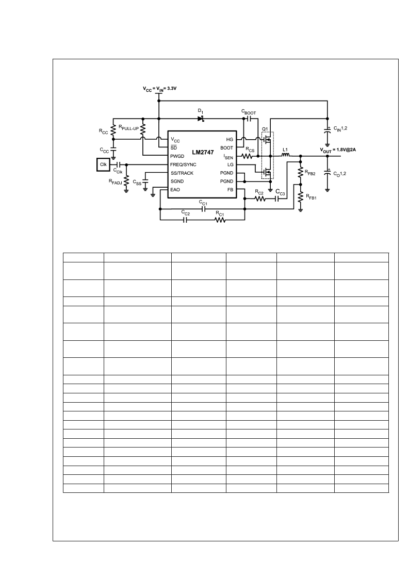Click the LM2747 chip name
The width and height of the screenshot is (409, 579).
coord(203,152)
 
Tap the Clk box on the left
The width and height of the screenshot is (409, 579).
coord(104,164)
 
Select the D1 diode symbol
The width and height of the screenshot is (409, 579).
coord(201,119)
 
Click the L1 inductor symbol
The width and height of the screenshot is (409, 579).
coord(286,156)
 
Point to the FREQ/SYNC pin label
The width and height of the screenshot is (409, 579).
coord(183,164)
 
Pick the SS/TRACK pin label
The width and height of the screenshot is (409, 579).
coord(182,173)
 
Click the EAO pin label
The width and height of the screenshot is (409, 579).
coord(175,190)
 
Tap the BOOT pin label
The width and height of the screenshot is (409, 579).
coord(227,147)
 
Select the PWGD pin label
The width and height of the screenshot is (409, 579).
coord(177,156)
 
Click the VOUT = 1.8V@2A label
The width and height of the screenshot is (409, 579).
coord(338,150)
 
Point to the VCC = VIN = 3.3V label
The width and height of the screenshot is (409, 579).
coord(159,89)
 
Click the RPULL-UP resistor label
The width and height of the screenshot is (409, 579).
coord(128,128)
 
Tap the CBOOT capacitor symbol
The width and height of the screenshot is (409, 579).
coord(249,119)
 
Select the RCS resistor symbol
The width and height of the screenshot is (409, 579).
coord(247,156)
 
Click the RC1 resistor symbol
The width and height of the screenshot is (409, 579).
coord(220,220)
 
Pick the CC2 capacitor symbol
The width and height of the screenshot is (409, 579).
coord(186,220)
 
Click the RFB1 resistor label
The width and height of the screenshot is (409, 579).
coord(311,197)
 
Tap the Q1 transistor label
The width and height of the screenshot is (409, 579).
coord(265,129)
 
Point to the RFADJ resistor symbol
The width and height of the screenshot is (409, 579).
coord(127,181)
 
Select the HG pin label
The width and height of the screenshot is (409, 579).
coord(230,140)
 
